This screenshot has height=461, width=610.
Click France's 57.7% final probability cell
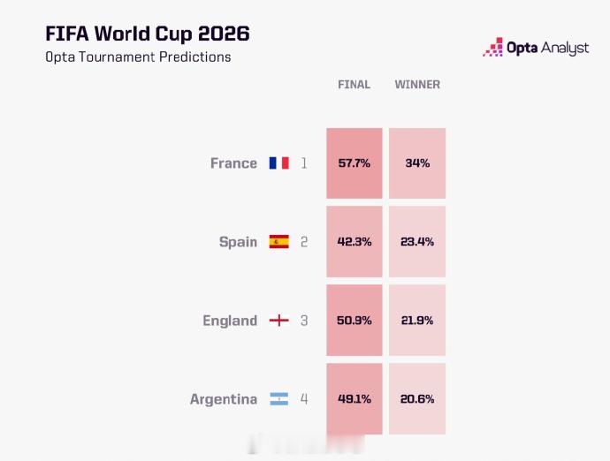[x=355, y=163]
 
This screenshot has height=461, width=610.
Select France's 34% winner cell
[x=417, y=163]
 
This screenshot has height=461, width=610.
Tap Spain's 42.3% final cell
[x=355, y=242]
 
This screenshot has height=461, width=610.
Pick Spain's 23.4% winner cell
[x=417, y=242]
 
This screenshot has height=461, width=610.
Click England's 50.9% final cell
[x=355, y=321]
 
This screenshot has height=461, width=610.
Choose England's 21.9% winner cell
[x=417, y=321]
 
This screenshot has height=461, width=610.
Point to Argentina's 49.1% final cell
[x=355, y=399]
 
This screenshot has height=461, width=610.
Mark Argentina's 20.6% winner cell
[x=417, y=399]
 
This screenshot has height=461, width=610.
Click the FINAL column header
[x=354, y=85]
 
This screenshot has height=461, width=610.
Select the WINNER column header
[x=417, y=85]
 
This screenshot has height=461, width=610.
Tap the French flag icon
[x=279, y=162]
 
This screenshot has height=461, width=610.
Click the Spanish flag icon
[x=279, y=241]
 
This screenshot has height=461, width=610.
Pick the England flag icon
[x=279, y=321]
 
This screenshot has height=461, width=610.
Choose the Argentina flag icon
[x=279, y=399]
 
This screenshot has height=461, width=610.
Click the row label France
[x=233, y=163]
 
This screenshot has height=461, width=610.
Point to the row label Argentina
[x=224, y=399]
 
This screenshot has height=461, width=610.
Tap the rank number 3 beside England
[x=304, y=321]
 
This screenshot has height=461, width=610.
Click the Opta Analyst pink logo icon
[x=493, y=47]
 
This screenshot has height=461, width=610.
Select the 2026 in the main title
[x=224, y=34]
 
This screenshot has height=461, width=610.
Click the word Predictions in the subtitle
[x=194, y=57]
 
